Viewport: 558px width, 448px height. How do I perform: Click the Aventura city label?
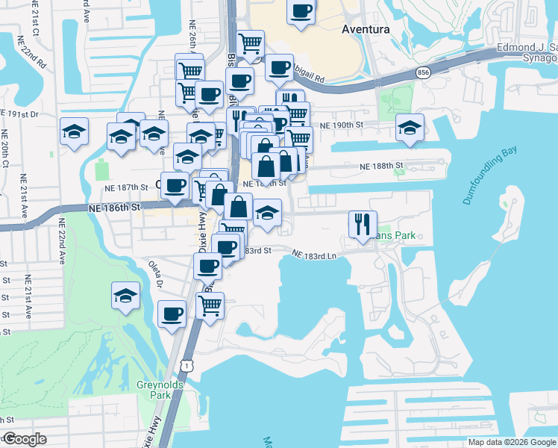366,30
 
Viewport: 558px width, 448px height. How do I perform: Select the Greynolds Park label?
154,389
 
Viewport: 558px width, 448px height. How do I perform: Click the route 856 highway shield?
424,72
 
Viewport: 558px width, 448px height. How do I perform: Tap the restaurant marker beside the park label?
359,223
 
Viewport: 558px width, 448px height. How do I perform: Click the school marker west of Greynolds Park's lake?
126,296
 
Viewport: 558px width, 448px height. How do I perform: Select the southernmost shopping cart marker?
210,305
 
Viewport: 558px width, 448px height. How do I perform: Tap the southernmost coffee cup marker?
172,313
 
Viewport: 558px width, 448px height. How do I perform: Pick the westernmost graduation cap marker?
75,131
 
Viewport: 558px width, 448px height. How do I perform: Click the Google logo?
24,439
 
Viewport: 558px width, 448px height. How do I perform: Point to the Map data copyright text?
512,441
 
